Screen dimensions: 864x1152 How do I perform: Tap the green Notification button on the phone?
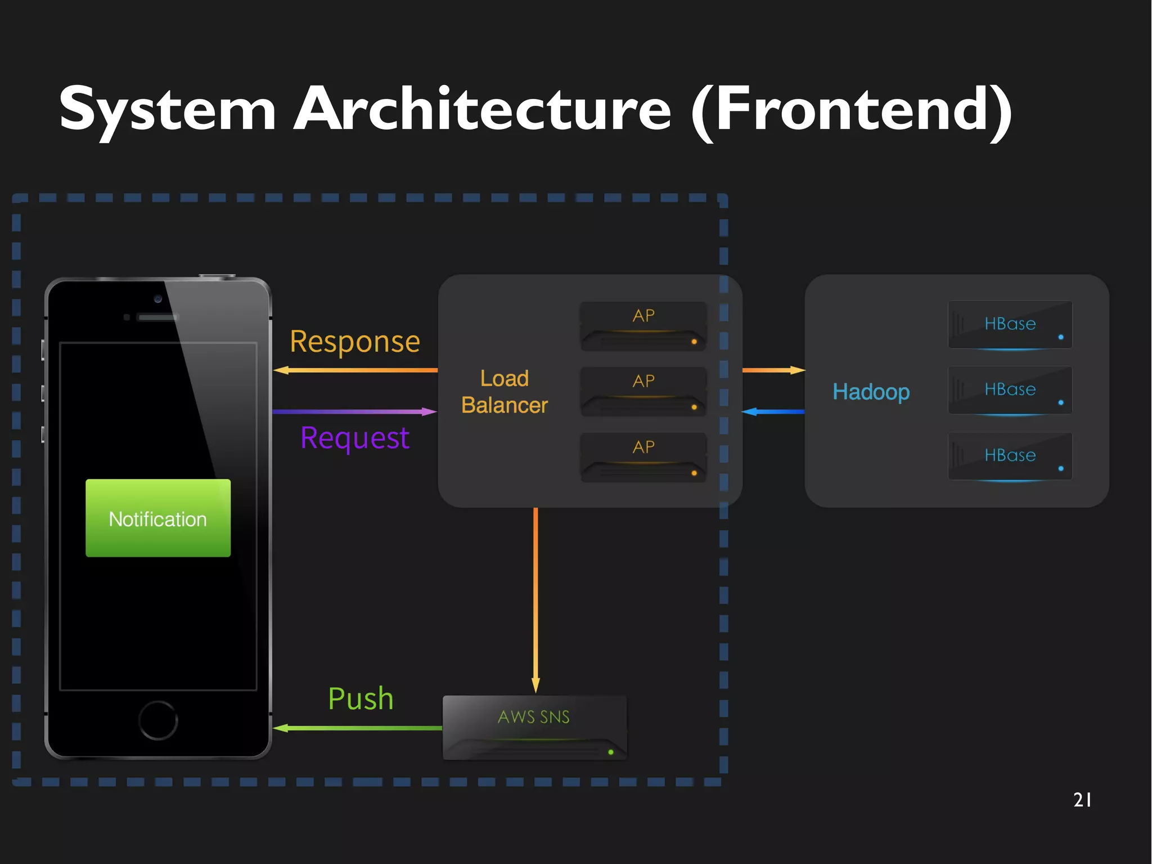pos(158,518)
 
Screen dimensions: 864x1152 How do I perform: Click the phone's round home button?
pos(158,720)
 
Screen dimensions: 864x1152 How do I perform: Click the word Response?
pos(355,342)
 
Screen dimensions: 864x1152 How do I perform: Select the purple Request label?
pos(355,438)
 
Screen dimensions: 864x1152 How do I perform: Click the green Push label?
pos(361,699)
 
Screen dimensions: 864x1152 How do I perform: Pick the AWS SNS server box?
pos(534,727)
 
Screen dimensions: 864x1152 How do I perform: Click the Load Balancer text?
pos(505,392)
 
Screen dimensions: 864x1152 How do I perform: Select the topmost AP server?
pos(643,326)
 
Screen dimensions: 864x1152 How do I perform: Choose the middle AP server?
pos(643,392)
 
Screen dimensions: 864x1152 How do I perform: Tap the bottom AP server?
pos(643,457)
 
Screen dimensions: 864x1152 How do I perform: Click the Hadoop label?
pos(871,392)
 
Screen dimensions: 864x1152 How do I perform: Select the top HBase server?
pos(1010,325)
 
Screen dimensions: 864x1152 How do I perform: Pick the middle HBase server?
pos(1010,390)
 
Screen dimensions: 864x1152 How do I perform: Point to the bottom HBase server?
pos(1010,456)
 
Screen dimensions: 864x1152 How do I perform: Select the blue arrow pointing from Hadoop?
pos(773,412)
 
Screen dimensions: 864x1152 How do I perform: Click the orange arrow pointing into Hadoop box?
pos(773,370)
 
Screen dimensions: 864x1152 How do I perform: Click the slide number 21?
pos(1082,800)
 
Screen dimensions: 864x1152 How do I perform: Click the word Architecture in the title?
pos(483,109)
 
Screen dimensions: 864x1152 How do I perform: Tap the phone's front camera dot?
pos(158,299)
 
